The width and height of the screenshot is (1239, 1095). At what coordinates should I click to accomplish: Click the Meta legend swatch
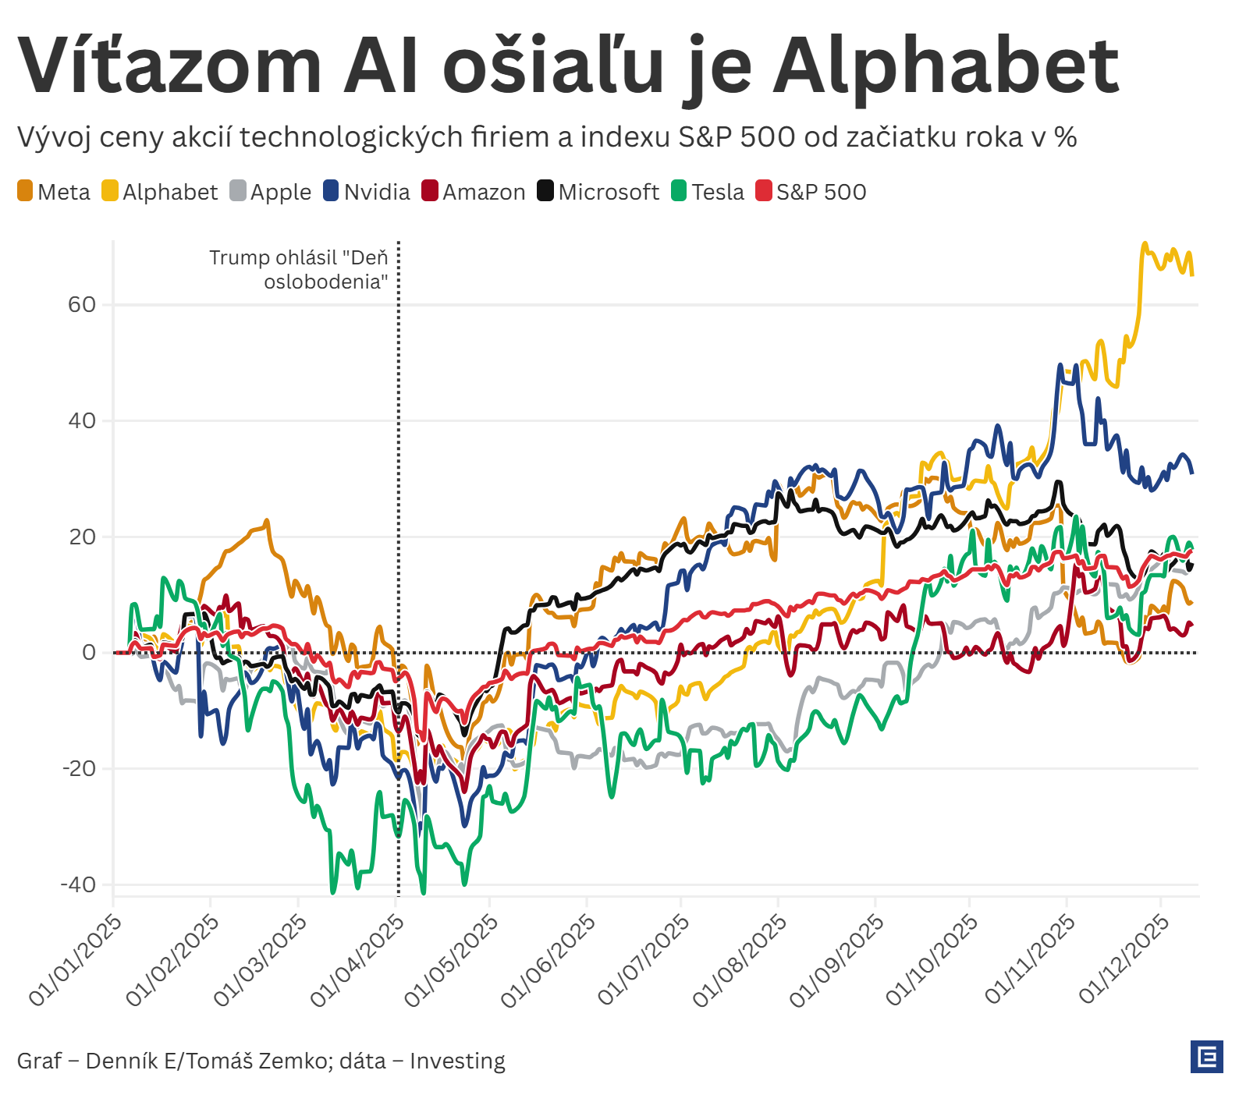pos(25,191)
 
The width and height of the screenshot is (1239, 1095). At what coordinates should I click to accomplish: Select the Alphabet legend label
pos(170,192)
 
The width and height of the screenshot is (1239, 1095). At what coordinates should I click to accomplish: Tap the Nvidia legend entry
pos(376,192)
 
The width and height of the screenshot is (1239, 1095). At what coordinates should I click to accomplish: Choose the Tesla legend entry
pos(717,192)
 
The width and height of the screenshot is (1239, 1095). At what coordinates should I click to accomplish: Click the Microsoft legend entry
pos(608,192)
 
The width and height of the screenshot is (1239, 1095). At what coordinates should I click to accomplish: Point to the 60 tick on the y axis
pos(82,305)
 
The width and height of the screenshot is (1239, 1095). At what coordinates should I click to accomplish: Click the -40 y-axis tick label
pos(78,885)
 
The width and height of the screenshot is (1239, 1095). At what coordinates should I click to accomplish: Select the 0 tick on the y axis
pos(89,653)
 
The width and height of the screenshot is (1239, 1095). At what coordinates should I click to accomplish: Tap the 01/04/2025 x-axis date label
pos(358,960)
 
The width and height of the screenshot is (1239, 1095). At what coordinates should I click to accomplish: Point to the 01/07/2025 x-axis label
pos(644,960)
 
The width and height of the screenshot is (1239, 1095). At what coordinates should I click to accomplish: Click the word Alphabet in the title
pos(946,67)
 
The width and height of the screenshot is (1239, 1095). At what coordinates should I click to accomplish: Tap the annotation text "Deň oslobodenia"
pos(299,269)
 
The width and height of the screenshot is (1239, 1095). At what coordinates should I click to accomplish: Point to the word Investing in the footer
pos(457,1061)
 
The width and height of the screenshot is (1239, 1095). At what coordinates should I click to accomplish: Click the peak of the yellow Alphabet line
pos(1145,244)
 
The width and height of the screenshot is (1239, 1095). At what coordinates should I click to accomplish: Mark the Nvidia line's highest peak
pos(1060,365)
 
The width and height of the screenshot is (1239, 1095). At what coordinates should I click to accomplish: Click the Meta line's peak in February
pos(267,521)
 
